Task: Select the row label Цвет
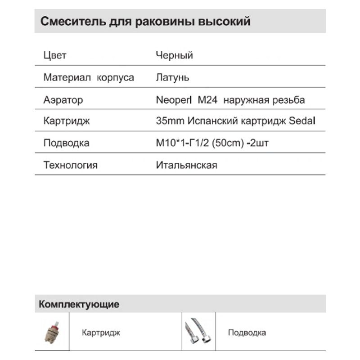point(55,56)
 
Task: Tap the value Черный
point(174,56)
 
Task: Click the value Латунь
point(172,77)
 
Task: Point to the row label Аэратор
point(63,100)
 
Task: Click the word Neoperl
point(174,100)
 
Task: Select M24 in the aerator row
point(208,100)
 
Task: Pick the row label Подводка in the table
point(66,144)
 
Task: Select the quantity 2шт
point(263,144)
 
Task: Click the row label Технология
point(70,165)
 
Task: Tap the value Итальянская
point(186,165)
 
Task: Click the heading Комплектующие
point(79,304)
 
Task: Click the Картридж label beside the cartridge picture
point(101,333)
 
